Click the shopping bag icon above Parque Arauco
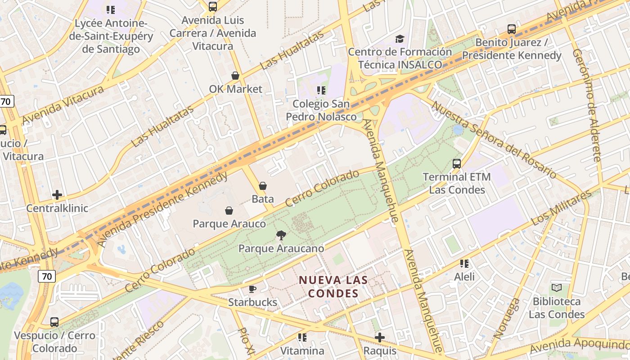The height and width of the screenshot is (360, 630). [229, 210]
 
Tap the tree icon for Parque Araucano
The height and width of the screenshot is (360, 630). [281, 235]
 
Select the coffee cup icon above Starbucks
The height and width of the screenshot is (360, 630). [252, 289]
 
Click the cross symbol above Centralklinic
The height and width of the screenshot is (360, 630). [57, 195]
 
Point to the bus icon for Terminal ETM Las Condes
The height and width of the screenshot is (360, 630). [457, 163]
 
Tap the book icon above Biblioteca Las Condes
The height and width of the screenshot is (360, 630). [557, 288]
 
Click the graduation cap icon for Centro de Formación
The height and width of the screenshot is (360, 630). [400, 39]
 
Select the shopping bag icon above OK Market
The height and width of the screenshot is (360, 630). [235, 76]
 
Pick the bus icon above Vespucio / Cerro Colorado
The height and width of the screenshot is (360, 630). [54, 322]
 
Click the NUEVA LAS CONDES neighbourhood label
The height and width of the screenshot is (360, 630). [333, 287]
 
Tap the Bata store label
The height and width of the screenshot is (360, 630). [263, 198]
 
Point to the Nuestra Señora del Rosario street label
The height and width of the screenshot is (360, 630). [494, 139]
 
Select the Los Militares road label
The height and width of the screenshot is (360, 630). [561, 208]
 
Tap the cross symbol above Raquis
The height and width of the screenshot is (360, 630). [380, 337]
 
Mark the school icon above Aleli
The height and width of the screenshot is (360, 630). [464, 263]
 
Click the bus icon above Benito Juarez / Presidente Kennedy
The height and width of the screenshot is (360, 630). [512, 29]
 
